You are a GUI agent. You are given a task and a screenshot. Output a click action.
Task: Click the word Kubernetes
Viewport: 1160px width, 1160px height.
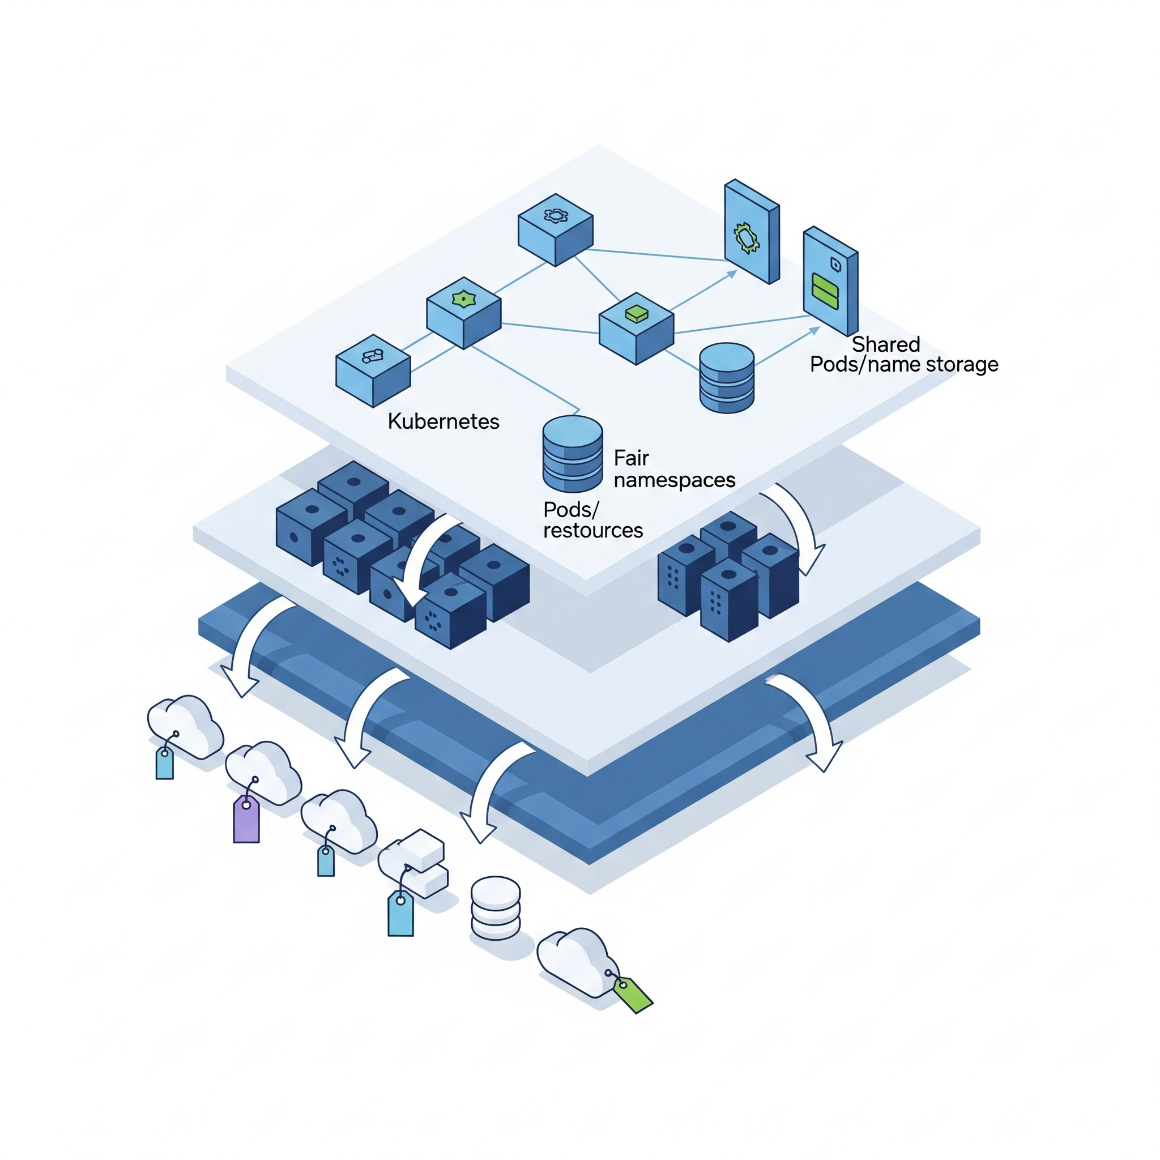(x=443, y=421)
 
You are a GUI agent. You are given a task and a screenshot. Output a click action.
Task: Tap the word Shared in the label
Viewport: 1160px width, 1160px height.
(x=886, y=344)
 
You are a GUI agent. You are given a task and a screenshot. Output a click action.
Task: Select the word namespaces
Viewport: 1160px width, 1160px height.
(x=674, y=480)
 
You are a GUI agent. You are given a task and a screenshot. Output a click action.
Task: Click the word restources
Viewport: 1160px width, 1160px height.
(x=592, y=531)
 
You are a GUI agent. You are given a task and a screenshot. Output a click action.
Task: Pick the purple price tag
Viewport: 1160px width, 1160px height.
(x=246, y=820)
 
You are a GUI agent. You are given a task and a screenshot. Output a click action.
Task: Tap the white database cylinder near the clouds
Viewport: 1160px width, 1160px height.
(x=496, y=907)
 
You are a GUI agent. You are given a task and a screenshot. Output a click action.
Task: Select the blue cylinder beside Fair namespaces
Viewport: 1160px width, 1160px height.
(x=572, y=454)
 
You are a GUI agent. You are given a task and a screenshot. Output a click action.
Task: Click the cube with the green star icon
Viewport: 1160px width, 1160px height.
(x=463, y=312)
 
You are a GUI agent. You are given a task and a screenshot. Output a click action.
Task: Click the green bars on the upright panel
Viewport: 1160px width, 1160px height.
(x=824, y=291)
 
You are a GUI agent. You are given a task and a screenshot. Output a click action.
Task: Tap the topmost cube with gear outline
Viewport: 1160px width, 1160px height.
(x=556, y=229)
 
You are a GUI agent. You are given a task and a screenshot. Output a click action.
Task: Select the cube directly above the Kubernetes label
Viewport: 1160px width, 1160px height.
(x=373, y=370)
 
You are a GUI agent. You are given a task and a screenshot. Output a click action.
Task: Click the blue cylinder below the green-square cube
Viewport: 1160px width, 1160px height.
(x=727, y=378)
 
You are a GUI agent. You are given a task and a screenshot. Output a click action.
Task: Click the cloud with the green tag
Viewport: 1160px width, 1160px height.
(x=573, y=961)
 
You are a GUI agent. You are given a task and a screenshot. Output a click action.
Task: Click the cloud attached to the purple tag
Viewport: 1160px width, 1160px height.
(x=264, y=771)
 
